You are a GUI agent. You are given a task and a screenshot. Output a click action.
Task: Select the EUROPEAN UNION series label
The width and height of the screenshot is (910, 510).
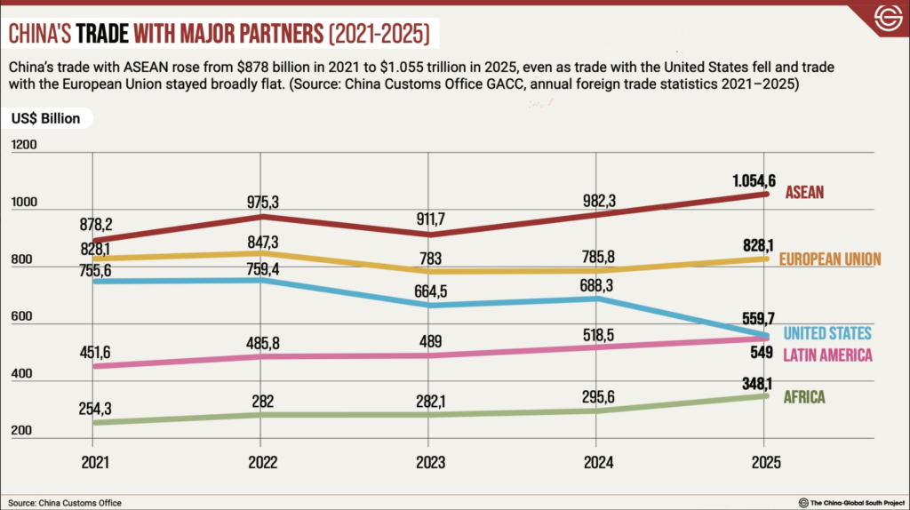pos(829,259)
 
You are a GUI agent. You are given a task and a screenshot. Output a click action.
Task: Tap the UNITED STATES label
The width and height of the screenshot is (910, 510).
pos(827,333)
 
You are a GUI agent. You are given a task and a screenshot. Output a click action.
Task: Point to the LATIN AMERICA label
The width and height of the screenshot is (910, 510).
pos(827,355)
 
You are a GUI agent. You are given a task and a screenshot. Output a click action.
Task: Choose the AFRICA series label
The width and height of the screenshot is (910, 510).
pos(804,397)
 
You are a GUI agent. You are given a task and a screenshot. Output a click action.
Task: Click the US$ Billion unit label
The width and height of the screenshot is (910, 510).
pos(46,118)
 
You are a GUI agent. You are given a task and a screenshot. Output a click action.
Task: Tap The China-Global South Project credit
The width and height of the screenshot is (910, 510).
pos(854,503)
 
